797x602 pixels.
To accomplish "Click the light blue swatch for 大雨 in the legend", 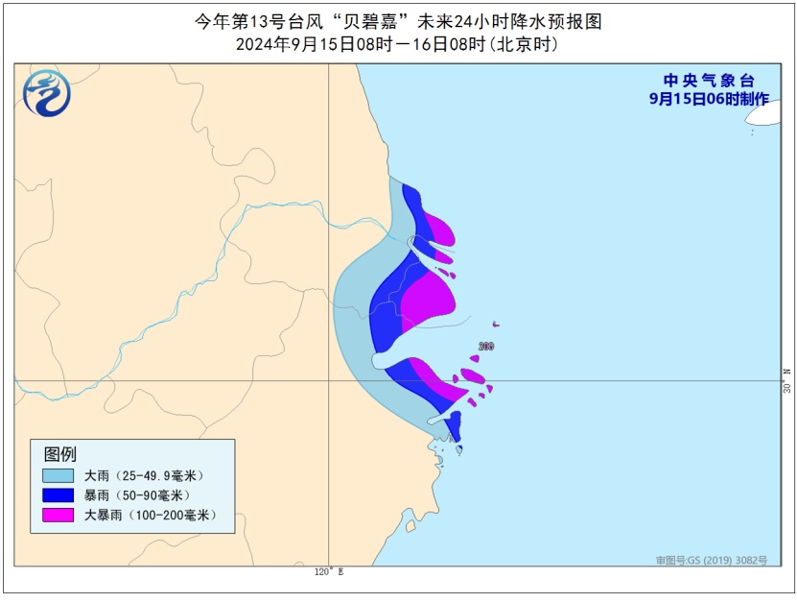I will [x=58, y=475].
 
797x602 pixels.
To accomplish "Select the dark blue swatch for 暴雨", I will [x=58, y=495].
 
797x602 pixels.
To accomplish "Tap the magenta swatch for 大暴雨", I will [x=58, y=516].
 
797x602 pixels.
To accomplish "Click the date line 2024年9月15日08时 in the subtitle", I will [x=307, y=44].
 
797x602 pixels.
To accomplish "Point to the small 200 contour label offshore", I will [x=485, y=347].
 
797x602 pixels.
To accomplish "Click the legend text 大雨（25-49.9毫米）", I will [x=144, y=475].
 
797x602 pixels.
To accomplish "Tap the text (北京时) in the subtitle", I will [x=524, y=44].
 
